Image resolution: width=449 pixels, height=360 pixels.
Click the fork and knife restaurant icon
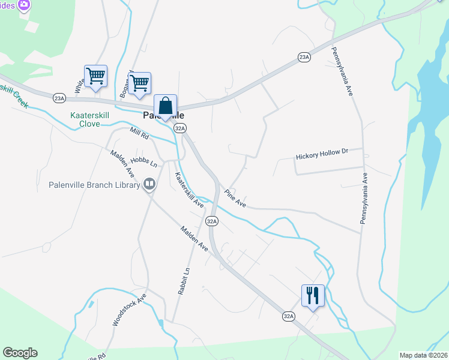[x=313, y=295]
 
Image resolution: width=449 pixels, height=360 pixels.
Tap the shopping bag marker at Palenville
[x=166, y=106]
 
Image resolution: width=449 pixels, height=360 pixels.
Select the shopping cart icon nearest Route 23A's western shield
[x=95, y=76]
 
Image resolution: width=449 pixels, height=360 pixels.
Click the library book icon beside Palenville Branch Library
[x=149, y=185]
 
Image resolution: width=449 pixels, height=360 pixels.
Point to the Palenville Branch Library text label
[x=94, y=185]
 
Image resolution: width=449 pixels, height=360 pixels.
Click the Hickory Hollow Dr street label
[x=322, y=155]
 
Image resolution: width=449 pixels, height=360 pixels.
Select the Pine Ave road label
[x=235, y=199]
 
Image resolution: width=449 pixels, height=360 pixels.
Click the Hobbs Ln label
[x=143, y=163]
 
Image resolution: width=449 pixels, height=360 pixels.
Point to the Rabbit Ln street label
[x=184, y=280]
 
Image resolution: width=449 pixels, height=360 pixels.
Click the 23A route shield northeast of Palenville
[x=304, y=57]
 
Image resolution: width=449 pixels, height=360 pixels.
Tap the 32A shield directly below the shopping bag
[x=179, y=128]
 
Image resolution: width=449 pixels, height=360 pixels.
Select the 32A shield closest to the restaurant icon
[x=289, y=316]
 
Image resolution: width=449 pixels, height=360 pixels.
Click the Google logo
[x=20, y=353]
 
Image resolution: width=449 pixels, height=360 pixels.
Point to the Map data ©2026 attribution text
[x=423, y=355]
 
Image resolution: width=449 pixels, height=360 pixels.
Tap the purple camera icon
[x=24, y=5]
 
